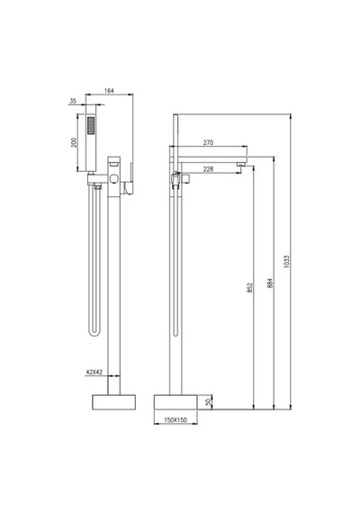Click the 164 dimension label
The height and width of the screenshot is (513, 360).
click(109, 91)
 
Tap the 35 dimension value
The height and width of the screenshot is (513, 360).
click(73, 101)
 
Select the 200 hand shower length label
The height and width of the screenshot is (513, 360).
click(75, 142)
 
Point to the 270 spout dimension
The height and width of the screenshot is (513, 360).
click(208, 142)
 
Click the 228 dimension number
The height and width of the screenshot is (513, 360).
click(208, 169)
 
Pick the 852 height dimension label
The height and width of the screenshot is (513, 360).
click(249, 287)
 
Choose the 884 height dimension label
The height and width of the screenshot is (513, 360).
click(270, 283)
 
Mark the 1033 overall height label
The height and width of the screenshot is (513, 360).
click(287, 262)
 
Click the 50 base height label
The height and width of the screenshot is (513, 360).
click(209, 402)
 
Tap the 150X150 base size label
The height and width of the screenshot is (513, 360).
click(175, 419)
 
